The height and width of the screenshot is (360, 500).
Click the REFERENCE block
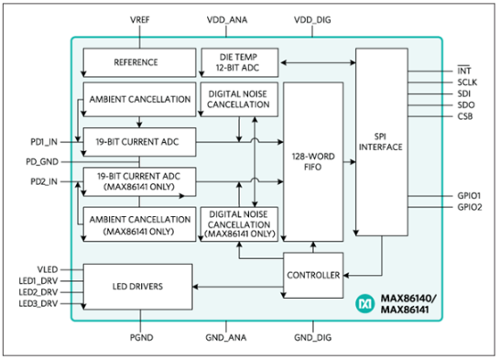[136, 62]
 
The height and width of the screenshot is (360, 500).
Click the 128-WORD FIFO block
[314, 162]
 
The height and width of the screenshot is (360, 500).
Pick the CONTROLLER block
[312, 275]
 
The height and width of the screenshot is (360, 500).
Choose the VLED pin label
[47, 269]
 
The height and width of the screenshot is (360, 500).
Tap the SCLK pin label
[465, 82]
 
